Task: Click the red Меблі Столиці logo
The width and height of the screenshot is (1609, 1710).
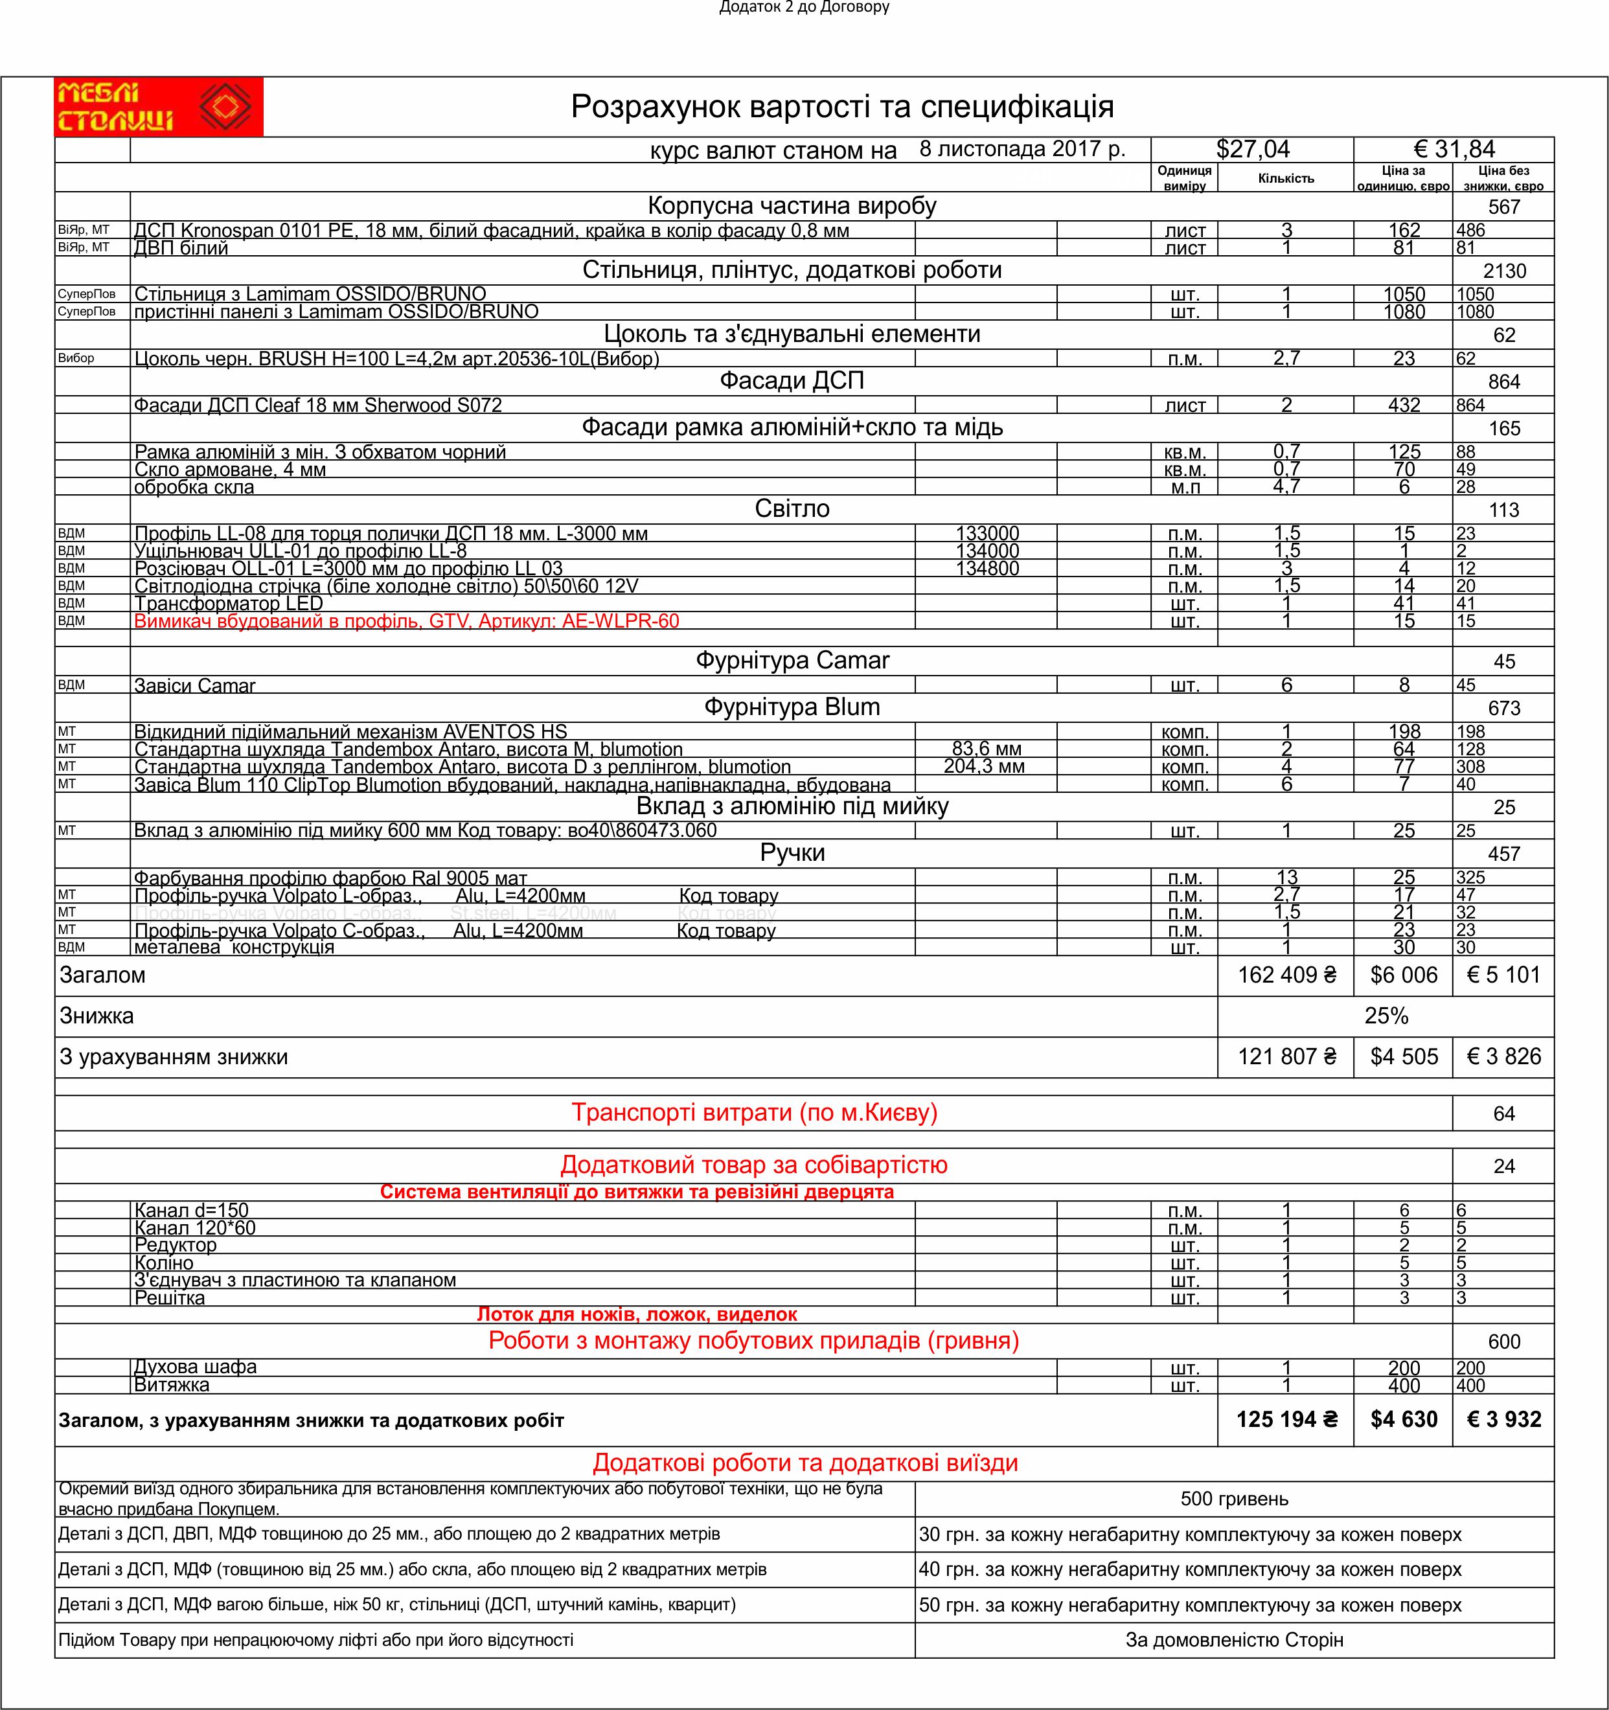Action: (158, 107)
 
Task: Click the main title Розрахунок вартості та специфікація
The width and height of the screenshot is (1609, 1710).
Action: (842, 107)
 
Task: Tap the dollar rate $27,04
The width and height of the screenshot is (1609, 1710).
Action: (1252, 150)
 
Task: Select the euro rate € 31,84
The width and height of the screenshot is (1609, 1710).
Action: (1454, 150)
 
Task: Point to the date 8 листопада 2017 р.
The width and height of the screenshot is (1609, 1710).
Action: (1021, 149)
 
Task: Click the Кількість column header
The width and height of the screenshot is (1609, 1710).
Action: (1286, 179)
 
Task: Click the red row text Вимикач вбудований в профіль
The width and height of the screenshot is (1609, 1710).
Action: (406, 621)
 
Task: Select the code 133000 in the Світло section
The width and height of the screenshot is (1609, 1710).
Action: (987, 533)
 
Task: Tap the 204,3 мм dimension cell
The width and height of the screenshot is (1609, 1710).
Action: (984, 766)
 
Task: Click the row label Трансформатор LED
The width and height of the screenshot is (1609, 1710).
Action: (228, 604)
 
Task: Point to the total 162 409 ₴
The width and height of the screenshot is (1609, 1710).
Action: (1286, 975)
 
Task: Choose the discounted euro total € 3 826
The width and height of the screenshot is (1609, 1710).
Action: (1503, 1057)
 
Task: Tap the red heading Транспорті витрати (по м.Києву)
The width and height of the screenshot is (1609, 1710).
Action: (753, 1113)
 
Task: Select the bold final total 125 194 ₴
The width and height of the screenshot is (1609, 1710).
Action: (1286, 1420)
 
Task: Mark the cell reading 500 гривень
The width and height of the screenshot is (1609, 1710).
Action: (1234, 1499)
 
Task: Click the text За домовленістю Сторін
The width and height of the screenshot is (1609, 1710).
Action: (1234, 1640)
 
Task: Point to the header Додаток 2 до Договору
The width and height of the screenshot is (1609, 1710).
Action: (804, 8)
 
